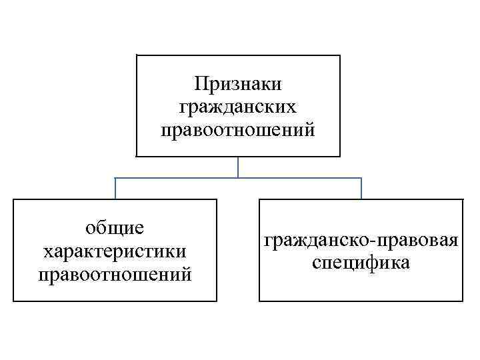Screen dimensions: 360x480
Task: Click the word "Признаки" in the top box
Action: pos(238,84)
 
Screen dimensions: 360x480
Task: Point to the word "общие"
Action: pos(115,229)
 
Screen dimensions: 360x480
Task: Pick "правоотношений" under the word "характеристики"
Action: pos(115,273)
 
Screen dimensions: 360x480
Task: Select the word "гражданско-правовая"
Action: pos(361,239)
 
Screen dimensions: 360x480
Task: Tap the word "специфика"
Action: pos(361,262)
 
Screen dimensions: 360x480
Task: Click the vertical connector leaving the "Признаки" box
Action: pos(238,167)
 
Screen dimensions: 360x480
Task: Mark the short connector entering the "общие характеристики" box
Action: pos(115,189)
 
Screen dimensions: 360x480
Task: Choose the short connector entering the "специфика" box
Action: pos(361,189)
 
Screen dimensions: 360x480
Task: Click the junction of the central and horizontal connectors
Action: pos(238,178)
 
